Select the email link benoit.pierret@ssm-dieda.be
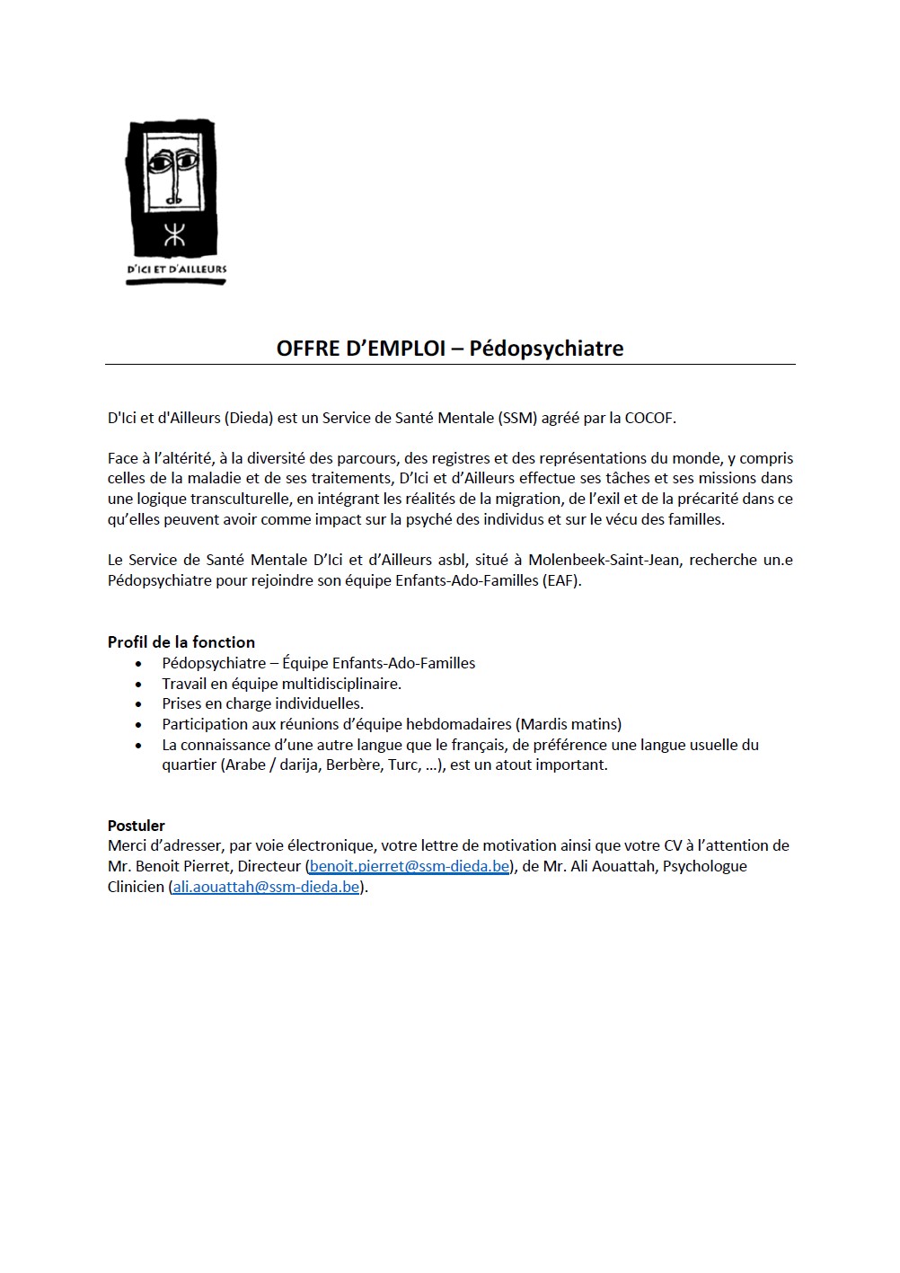point(410,867)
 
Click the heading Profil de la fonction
point(181,642)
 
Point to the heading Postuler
point(137,826)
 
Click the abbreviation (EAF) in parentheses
point(561,580)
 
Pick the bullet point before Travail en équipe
point(138,685)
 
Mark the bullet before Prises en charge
point(138,705)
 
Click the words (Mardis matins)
point(569,724)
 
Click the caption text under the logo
point(176,269)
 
